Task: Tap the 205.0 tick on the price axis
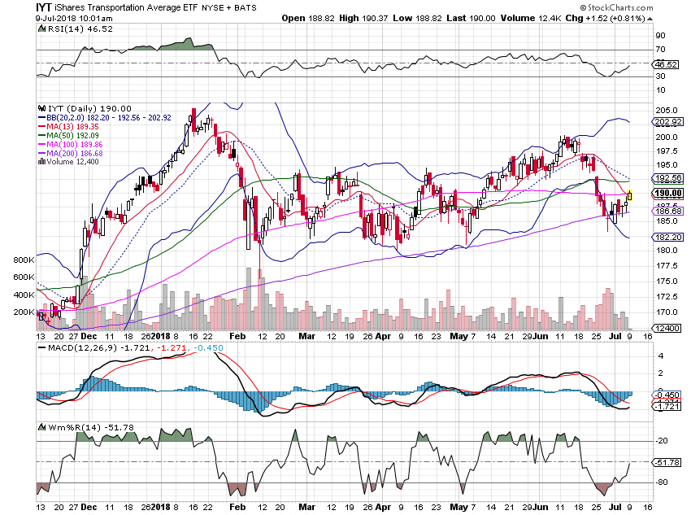(x=668, y=110)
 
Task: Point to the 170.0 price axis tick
(x=668, y=312)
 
